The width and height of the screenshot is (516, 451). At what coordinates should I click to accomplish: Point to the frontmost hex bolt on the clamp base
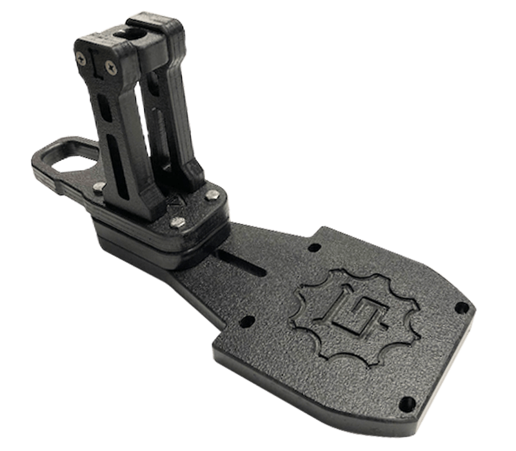[x=175, y=223]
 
